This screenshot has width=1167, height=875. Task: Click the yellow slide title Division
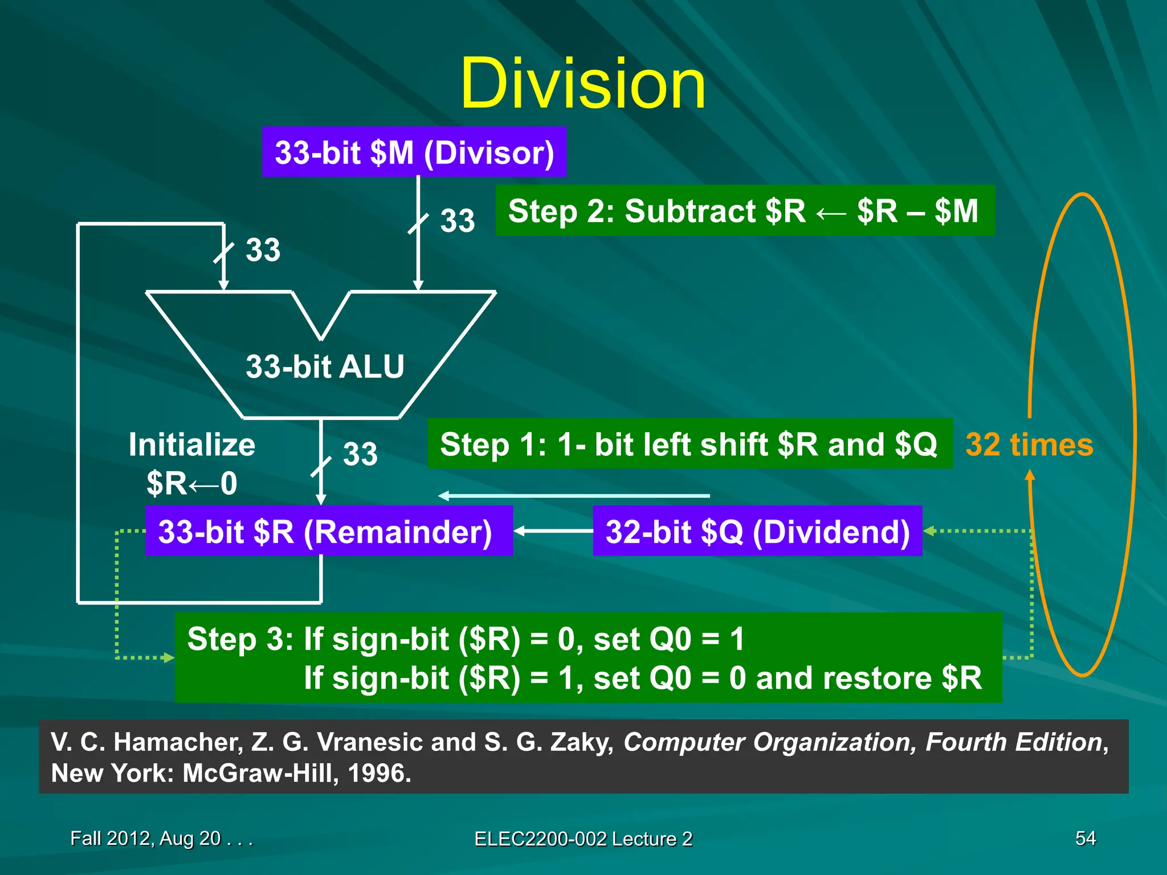(582, 84)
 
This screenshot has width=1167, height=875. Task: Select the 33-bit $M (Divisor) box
(414, 152)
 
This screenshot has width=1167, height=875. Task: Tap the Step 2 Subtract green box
(745, 211)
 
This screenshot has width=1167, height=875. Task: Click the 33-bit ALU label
(325, 366)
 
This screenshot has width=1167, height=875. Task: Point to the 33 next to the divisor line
(457, 221)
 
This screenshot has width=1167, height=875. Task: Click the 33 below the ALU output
(360, 455)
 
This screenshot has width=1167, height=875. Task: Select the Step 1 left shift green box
(689, 444)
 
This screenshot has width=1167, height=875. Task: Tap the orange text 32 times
(1029, 445)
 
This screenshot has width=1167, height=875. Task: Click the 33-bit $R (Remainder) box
(329, 531)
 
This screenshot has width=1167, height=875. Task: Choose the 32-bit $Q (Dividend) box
(757, 531)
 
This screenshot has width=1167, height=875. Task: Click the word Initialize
(192, 444)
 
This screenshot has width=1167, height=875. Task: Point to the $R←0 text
(192, 484)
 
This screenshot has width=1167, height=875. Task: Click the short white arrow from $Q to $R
(553, 531)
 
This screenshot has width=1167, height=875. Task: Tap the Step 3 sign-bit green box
(588, 657)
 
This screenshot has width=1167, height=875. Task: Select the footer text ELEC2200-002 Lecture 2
(583, 839)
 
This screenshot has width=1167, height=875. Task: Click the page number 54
(1085, 838)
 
